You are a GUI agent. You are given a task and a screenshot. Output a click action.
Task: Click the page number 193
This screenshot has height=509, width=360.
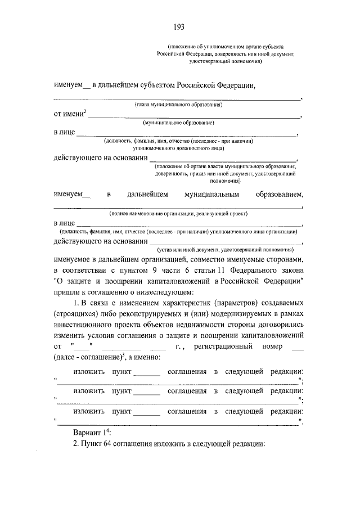click(179, 26)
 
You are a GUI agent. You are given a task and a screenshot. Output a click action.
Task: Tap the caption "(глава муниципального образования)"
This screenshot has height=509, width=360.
click(179, 105)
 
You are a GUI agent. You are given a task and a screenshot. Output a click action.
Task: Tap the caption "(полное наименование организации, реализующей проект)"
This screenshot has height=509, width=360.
click(178, 214)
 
